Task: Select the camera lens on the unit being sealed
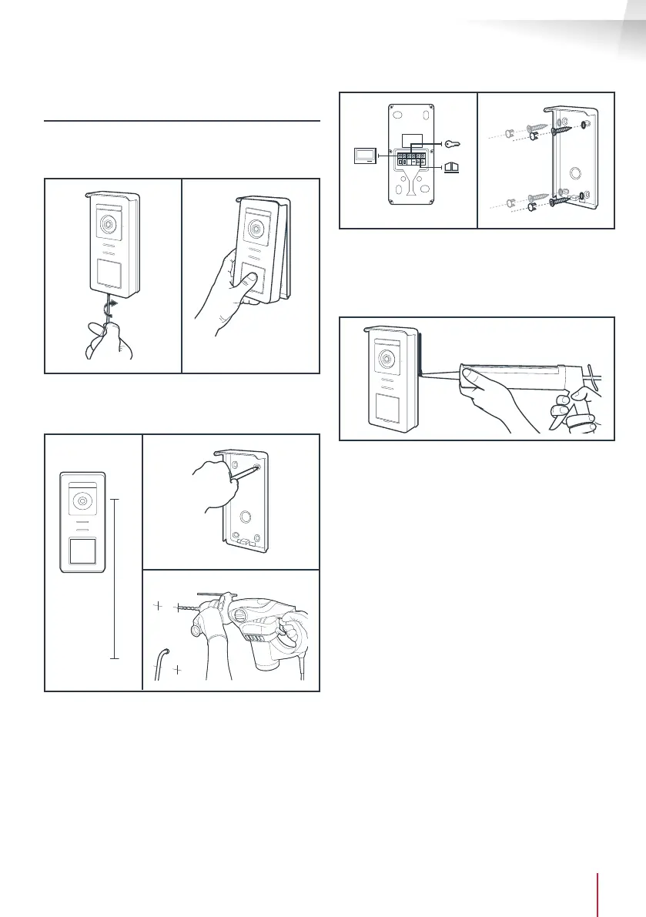[x=385, y=360]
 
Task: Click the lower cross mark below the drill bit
[x=178, y=669]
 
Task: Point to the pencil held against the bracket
[x=243, y=479]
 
